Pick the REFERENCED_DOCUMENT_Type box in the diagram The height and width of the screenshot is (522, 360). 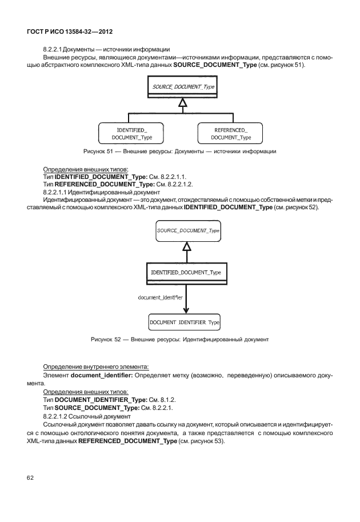click(x=230, y=134)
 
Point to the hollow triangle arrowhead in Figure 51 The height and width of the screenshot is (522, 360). click(x=182, y=102)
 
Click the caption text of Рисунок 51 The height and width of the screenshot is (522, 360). click(x=179, y=151)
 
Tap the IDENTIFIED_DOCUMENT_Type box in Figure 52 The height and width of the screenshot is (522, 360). click(x=185, y=272)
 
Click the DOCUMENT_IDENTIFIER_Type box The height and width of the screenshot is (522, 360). click(x=185, y=322)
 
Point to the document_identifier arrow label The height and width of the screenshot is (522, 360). click(x=161, y=297)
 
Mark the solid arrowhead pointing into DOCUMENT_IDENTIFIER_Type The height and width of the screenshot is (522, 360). click(x=186, y=310)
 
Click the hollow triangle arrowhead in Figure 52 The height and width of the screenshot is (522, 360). click(x=186, y=246)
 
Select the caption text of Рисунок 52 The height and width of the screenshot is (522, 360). click(x=179, y=340)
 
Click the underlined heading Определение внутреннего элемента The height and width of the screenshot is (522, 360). click(x=96, y=366)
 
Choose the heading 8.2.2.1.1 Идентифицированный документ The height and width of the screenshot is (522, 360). click(x=86, y=192)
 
